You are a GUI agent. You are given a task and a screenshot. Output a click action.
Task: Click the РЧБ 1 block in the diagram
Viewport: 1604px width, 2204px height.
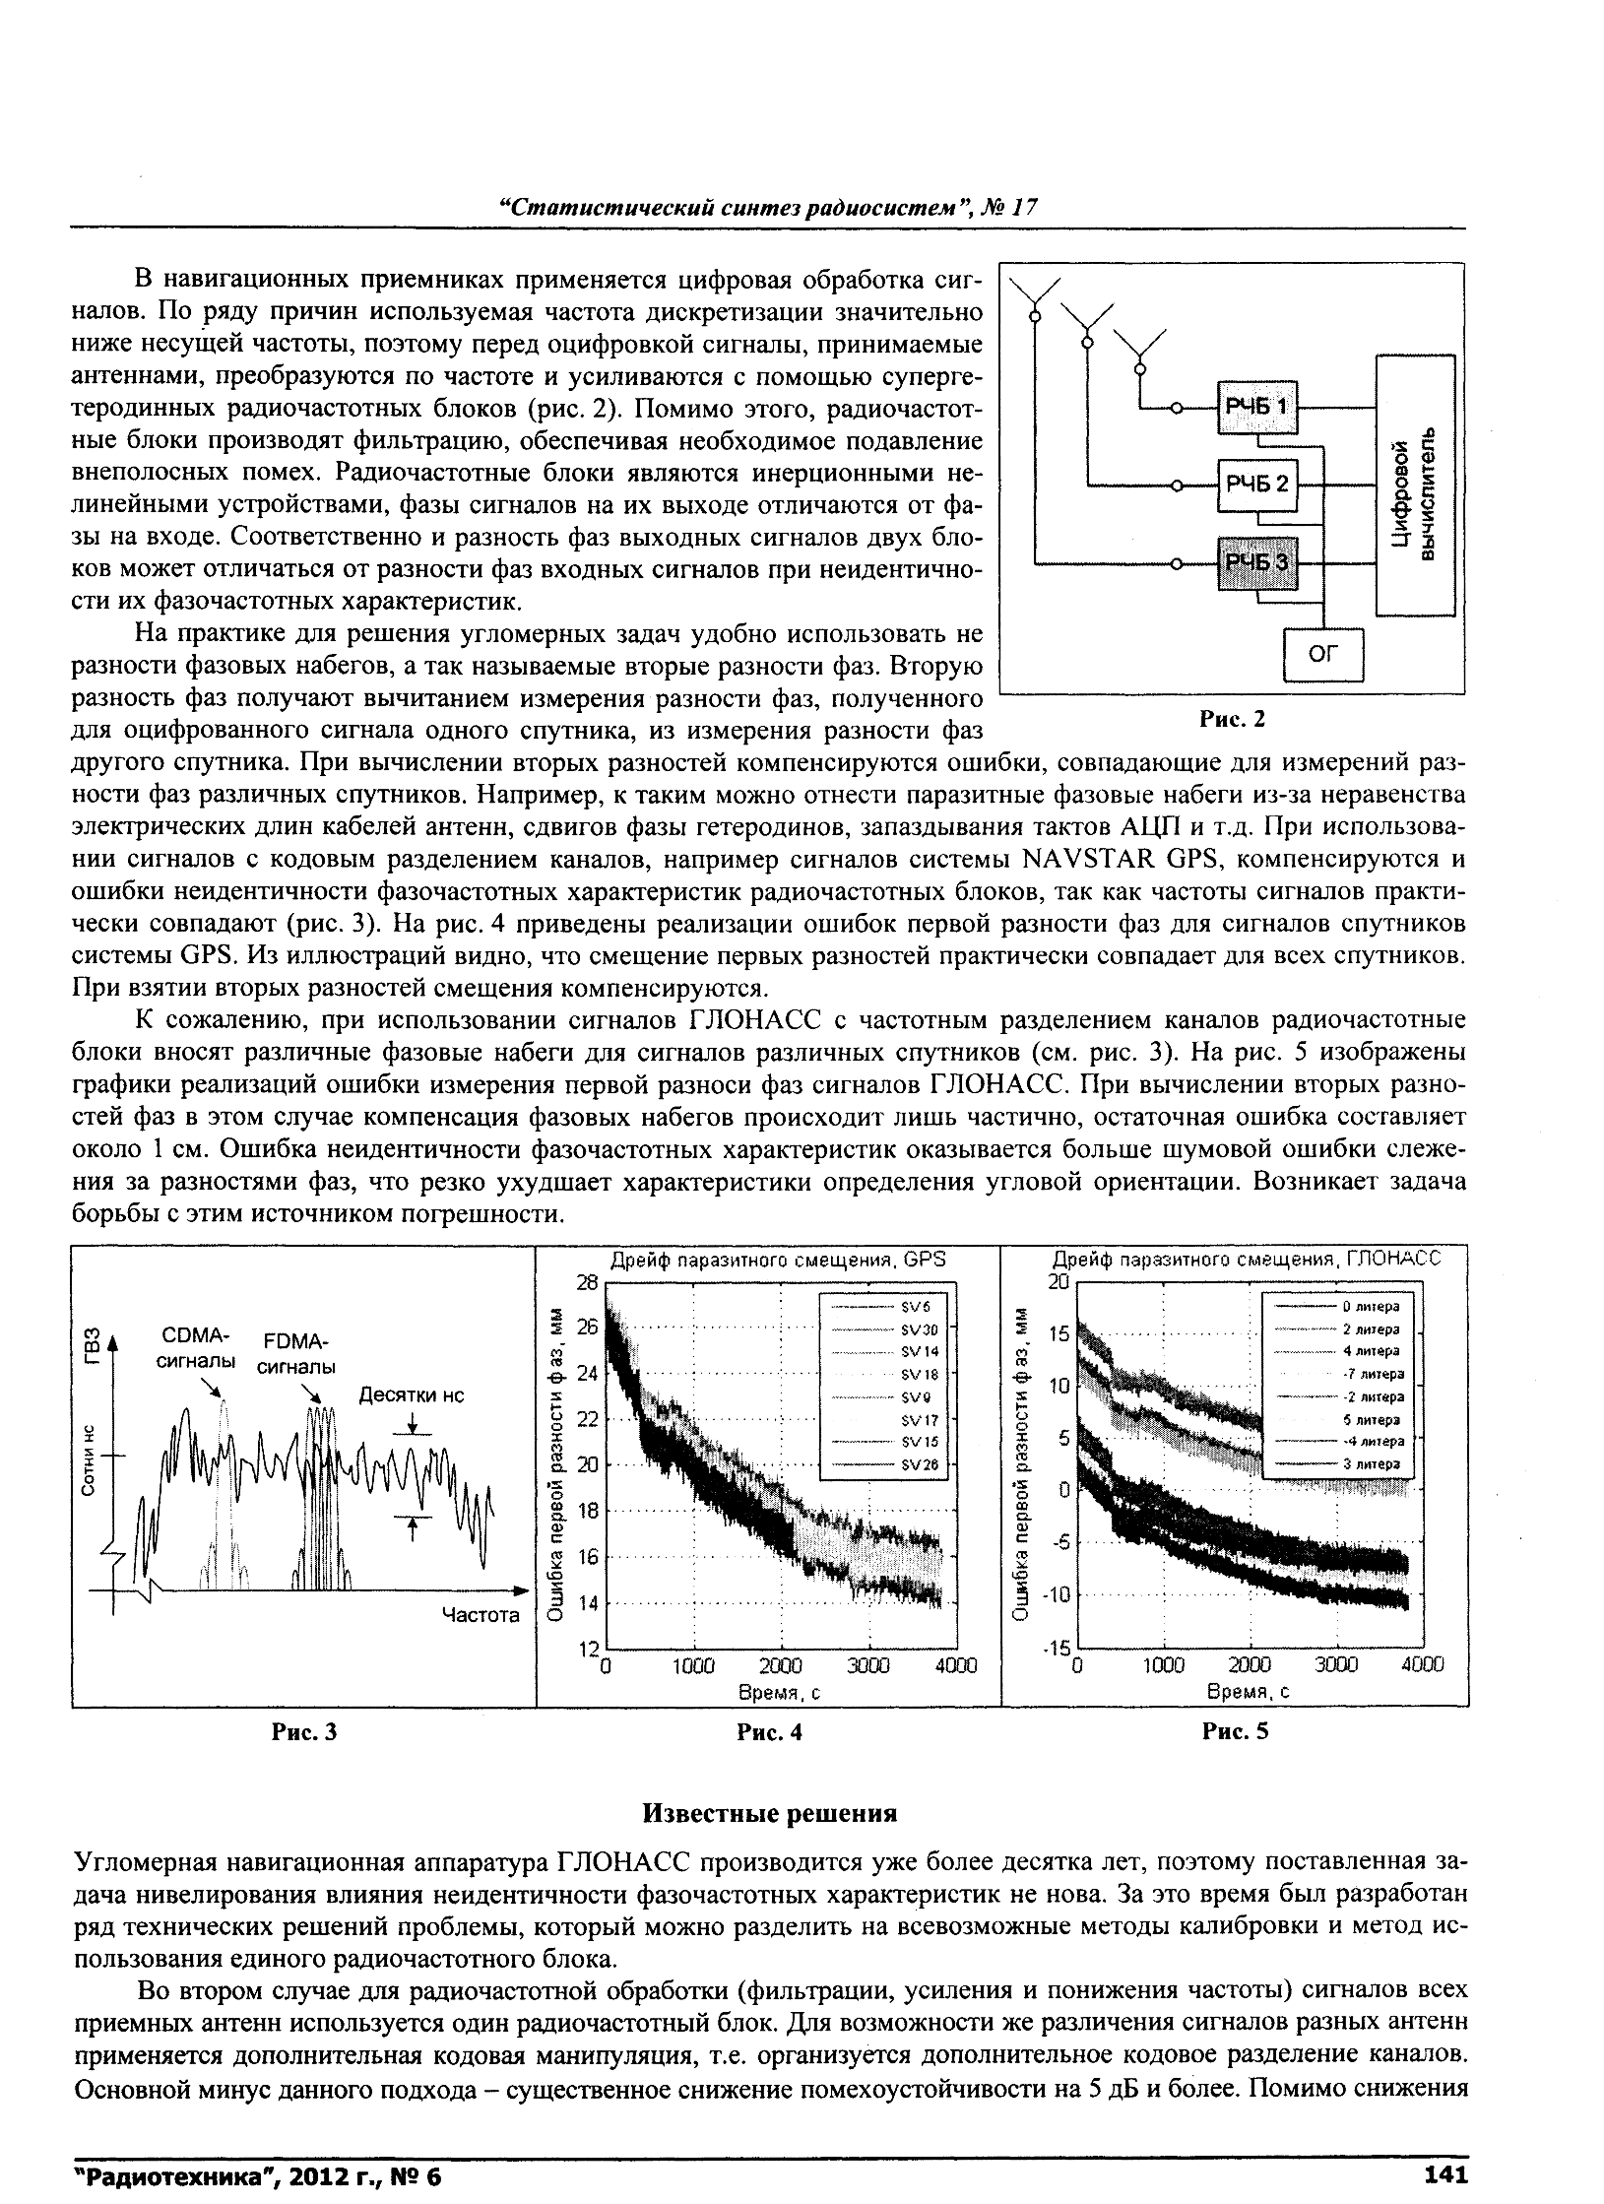coord(1257,407)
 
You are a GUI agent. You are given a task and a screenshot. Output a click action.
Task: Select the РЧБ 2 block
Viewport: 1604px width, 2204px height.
coord(1257,484)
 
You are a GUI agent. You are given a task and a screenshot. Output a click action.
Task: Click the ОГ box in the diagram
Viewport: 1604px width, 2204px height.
coord(1323,654)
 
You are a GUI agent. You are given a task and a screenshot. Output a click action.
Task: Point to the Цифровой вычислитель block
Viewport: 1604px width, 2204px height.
coord(1415,486)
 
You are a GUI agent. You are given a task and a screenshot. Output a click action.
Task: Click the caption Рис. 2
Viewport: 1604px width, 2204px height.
coord(1231,720)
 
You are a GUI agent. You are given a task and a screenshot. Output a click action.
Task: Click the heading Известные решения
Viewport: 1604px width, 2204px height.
coord(770,1840)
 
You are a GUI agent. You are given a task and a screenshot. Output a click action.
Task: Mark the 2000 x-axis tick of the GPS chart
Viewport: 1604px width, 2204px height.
coord(782,1665)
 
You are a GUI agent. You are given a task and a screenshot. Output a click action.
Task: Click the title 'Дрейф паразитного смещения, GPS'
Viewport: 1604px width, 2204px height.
coord(778,1260)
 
